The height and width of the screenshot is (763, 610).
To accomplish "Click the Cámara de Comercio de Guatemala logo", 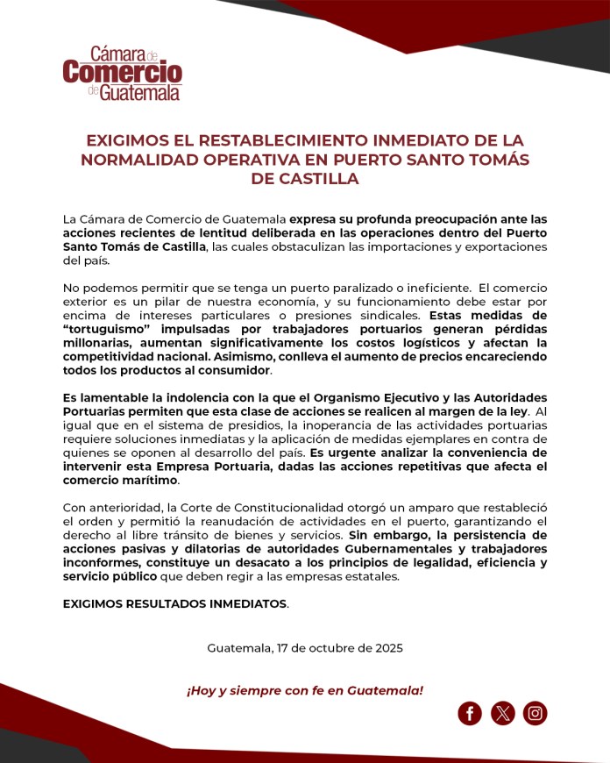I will tap(122, 74).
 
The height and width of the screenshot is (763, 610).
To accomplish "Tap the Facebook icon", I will tap(470, 713).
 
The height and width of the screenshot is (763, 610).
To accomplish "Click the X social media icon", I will tap(503, 713).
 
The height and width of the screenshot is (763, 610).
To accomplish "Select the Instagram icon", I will tap(536, 713).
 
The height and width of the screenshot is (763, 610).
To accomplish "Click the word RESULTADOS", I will tap(175, 604).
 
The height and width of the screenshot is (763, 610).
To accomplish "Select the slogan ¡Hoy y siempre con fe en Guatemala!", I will tap(305, 690).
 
